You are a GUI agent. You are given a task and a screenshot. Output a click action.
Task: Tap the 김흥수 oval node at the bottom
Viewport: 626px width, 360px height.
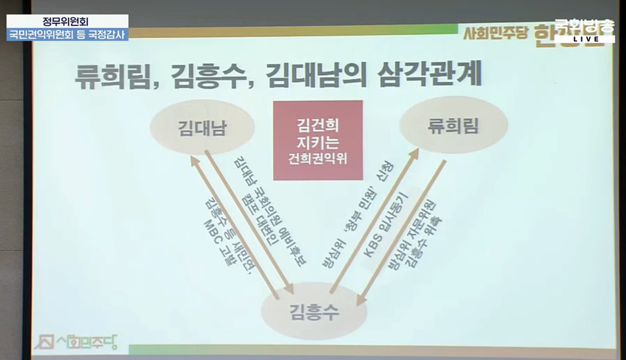312,311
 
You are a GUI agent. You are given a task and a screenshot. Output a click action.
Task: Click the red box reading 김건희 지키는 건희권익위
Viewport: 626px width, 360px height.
318,140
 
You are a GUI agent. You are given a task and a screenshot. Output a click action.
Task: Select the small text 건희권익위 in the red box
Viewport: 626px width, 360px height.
318,157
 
